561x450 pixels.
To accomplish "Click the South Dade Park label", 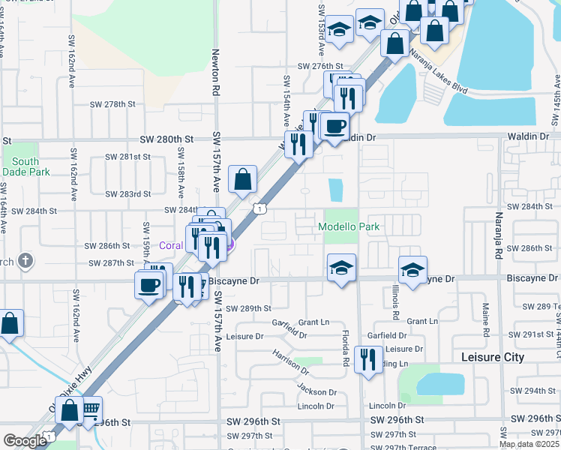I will click(25, 166).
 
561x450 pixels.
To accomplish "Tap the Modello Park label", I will click(349, 226).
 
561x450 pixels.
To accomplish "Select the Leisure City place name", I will click(493, 357).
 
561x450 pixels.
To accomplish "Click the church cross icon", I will click(26, 261).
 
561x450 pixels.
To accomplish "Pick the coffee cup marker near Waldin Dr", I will click(335, 126).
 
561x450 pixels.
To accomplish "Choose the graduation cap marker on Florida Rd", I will click(341, 268).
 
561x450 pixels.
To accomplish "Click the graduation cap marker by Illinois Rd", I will click(412, 271).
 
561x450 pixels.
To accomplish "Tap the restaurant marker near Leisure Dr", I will click(367, 360).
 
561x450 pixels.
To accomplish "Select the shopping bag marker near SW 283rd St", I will click(243, 180).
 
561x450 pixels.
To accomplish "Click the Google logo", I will click(25, 441).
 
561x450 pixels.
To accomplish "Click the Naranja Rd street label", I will click(497, 238).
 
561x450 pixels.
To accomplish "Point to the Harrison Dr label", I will click(290, 362).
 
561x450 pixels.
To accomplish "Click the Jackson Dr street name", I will click(316, 391).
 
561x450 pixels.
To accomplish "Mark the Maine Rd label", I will click(486, 318).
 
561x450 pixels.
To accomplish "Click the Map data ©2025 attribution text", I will click(529, 444).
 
